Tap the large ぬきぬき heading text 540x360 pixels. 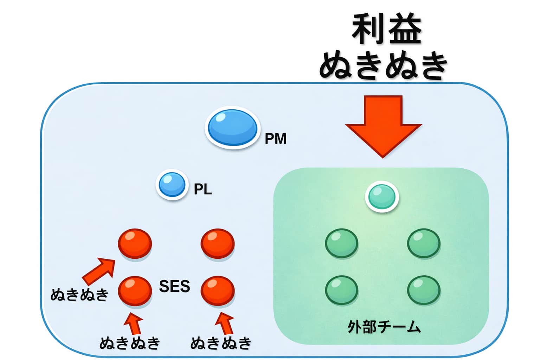[x=383, y=65]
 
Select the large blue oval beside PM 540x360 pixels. [x=232, y=127]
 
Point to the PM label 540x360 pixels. [x=275, y=139]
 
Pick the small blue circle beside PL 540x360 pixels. [x=172, y=185]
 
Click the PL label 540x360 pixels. [x=203, y=189]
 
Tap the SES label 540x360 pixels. [x=174, y=287]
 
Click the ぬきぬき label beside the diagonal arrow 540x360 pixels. [x=79, y=295]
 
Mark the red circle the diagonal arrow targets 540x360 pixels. [x=135, y=243]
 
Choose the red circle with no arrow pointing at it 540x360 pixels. [x=217, y=243]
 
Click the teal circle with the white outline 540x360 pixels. [x=382, y=197]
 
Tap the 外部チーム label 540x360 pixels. [x=384, y=327]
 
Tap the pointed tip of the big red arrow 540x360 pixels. [x=383, y=156]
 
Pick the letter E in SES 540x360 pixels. [x=174, y=287]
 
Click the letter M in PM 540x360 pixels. [x=280, y=139]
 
